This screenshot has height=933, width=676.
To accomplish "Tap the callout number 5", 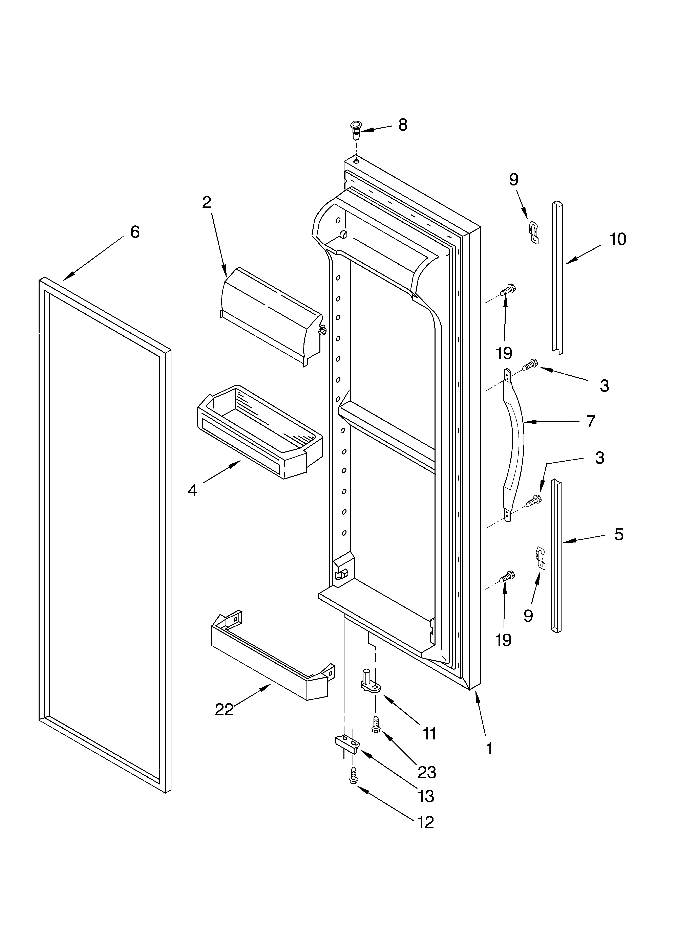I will pyautogui.click(x=619, y=534).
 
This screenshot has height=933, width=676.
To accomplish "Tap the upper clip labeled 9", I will pyautogui.click(x=533, y=232).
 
